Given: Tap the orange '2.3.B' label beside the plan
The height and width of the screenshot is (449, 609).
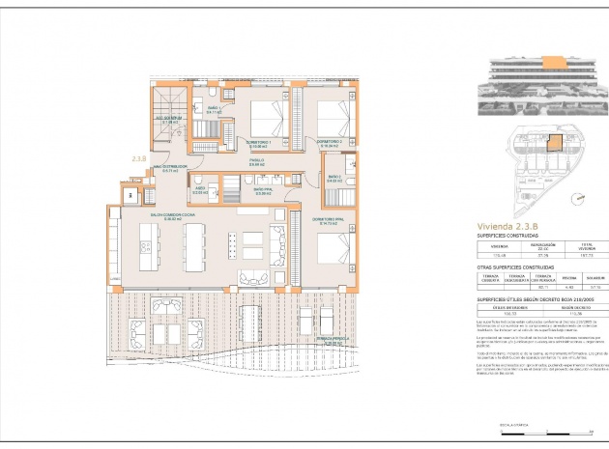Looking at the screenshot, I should pyautogui.click(x=138, y=156).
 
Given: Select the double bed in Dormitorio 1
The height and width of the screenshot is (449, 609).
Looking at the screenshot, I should pyautogui.click(x=266, y=118).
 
